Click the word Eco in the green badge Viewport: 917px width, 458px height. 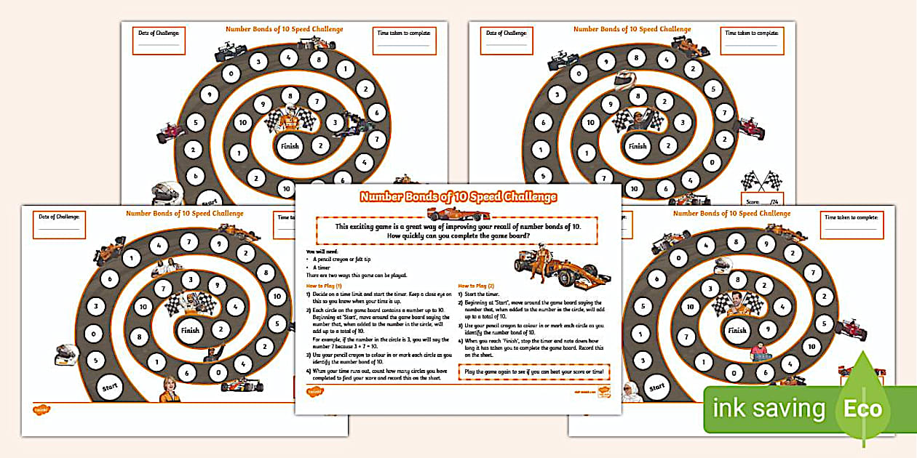click(x=862, y=409)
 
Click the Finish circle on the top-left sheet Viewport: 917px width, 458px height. click(x=290, y=146)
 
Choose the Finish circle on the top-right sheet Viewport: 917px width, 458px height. click(x=638, y=146)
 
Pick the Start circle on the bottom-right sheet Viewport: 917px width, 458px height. click(x=657, y=387)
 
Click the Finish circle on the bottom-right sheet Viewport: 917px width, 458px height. click(x=737, y=330)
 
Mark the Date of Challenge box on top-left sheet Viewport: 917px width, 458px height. click(x=159, y=39)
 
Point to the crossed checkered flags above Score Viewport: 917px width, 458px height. click(x=760, y=180)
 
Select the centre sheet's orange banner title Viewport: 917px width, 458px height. click(x=458, y=197)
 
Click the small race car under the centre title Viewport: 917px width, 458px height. click(x=448, y=214)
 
